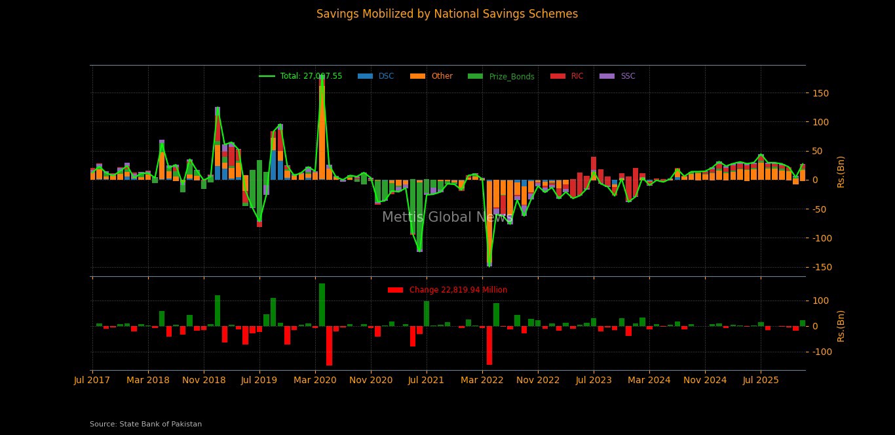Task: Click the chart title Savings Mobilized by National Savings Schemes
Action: click(x=447, y=14)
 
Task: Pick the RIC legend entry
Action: click(x=577, y=76)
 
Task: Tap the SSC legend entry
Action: click(x=628, y=76)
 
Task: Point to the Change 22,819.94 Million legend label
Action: click(x=458, y=290)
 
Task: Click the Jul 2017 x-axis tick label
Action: click(x=92, y=380)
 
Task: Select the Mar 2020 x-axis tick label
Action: click(x=315, y=380)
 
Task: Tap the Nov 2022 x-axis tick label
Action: click(x=538, y=380)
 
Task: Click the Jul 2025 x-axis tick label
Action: click(x=761, y=380)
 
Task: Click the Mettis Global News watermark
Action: click(x=447, y=218)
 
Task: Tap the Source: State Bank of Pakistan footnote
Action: click(x=145, y=425)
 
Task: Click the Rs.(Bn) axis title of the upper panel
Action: click(x=841, y=171)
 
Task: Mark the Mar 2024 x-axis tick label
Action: click(x=649, y=380)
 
